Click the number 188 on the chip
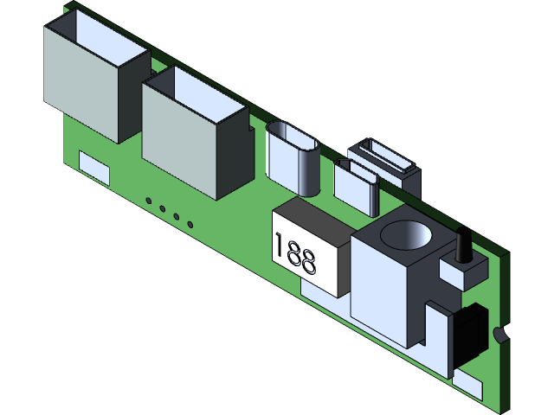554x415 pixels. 295,252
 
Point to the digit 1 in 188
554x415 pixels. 279,245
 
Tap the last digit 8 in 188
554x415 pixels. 309,260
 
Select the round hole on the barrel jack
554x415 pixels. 407,233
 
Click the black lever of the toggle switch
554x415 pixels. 461,244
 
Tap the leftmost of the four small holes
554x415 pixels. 149,201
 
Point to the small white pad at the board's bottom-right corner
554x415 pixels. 467,386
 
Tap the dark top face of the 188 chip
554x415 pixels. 312,220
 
